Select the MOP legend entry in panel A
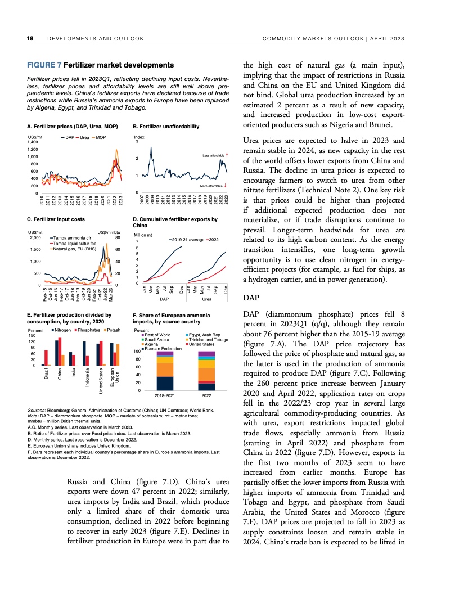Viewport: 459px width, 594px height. point(100,137)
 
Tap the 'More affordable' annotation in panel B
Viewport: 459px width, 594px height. point(213,185)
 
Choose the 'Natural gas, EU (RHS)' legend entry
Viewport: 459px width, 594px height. point(73,249)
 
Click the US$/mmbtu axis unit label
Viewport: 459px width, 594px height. point(109,232)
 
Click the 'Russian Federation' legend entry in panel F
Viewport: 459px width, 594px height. point(166,349)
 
